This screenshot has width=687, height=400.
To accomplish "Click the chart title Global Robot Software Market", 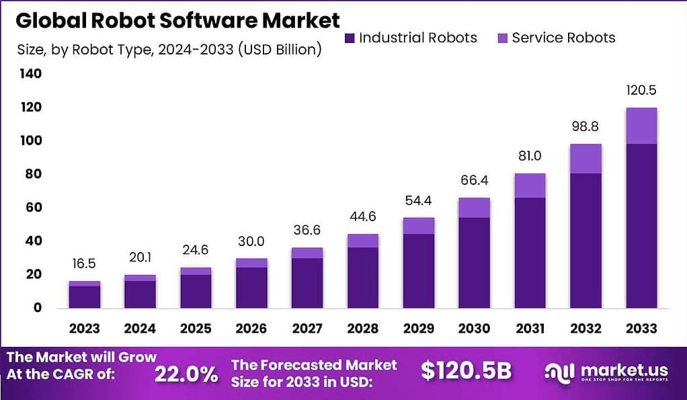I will [x=177, y=20].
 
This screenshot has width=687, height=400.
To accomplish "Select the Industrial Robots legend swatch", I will [x=349, y=38].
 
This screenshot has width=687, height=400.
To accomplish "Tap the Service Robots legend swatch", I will [x=501, y=38].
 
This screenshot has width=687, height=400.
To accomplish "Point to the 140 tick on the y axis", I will [x=31, y=74].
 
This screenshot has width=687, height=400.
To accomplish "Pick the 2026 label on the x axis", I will [x=251, y=329].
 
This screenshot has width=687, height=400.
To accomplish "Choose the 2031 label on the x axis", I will [x=530, y=329].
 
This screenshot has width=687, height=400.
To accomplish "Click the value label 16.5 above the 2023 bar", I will [x=85, y=263].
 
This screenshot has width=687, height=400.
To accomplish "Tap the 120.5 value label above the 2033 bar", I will [x=641, y=89].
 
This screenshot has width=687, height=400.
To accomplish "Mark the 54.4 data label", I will [x=418, y=200].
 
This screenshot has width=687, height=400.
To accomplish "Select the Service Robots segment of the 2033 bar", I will [x=641, y=126].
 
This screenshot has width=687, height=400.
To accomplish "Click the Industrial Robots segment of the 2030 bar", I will [x=474, y=262].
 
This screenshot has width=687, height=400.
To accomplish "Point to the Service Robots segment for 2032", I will [x=585, y=159].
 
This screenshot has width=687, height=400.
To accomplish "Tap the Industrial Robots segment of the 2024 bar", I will [x=140, y=294].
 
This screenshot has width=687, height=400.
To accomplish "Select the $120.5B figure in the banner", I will [x=466, y=371].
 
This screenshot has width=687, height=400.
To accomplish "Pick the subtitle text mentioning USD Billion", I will [x=169, y=50].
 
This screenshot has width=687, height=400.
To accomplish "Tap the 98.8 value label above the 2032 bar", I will [x=585, y=127].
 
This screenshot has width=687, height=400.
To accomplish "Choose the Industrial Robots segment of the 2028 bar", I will [x=363, y=277].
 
